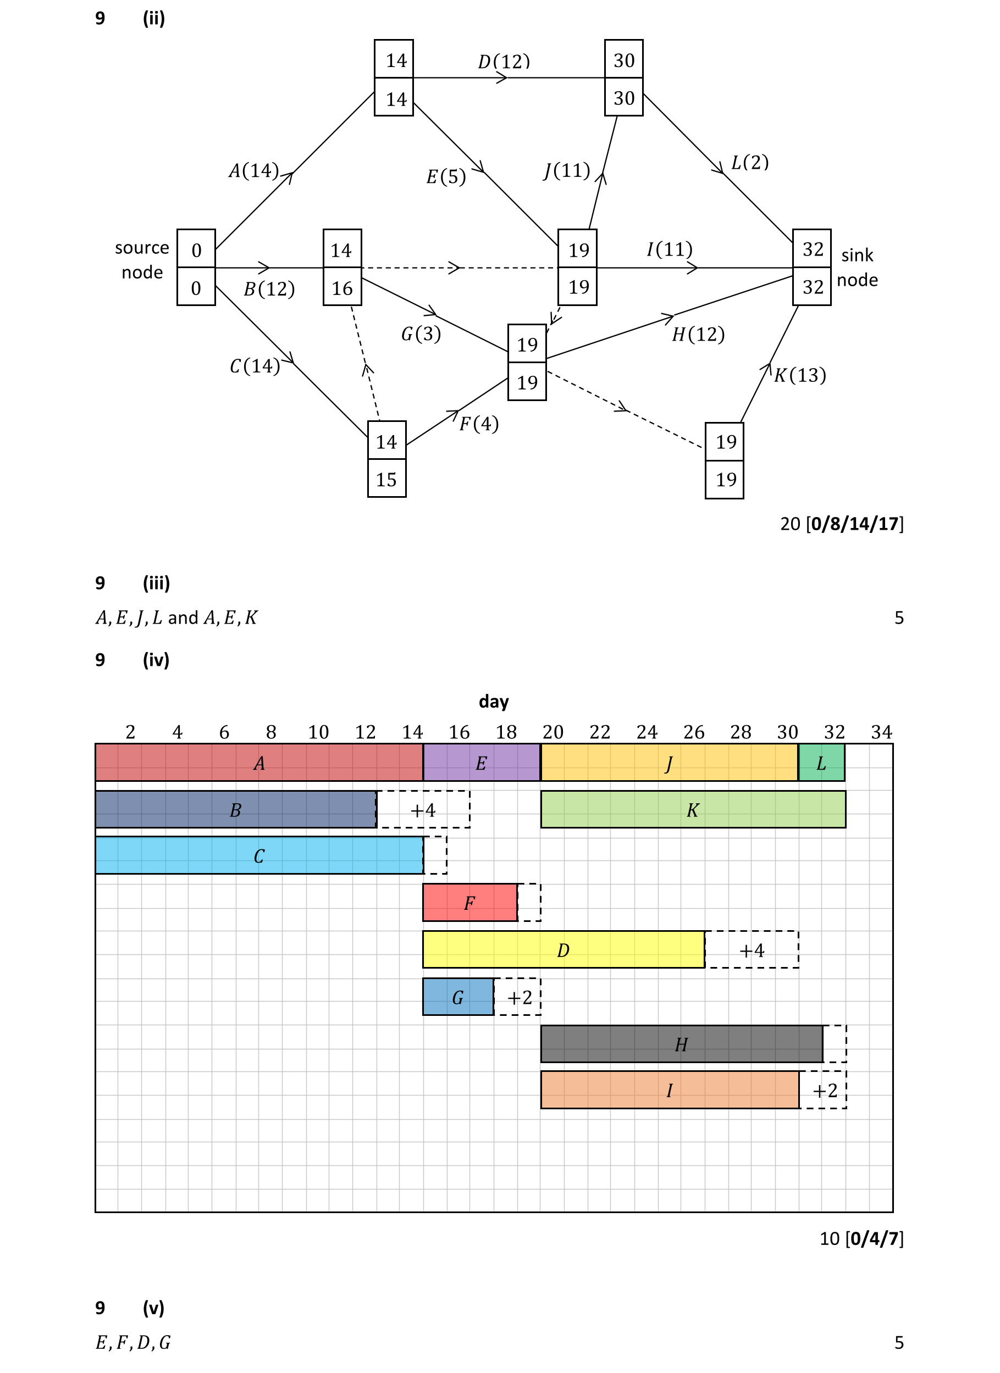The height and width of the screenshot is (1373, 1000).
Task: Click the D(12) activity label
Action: click(x=504, y=61)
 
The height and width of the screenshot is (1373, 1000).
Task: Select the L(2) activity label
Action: click(x=749, y=162)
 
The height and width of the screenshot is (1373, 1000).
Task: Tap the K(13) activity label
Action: click(x=799, y=375)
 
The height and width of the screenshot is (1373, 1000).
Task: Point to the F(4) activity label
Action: click(x=478, y=424)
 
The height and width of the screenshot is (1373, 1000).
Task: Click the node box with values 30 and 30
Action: click(x=623, y=77)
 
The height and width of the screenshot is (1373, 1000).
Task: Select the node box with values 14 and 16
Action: click(x=342, y=267)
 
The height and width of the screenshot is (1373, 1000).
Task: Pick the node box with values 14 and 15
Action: click(x=386, y=459)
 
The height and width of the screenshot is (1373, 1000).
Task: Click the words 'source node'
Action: click(x=142, y=260)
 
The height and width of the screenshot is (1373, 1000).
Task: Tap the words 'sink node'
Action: click(x=857, y=267)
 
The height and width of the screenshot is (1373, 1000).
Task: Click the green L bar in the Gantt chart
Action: click(x=821, y=763)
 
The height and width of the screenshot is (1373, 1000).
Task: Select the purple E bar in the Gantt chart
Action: click(x=481, y=763)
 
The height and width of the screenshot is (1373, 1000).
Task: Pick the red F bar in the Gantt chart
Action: click(x=469, y=903)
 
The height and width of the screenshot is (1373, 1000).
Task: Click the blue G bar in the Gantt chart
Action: click(x=458, y=997)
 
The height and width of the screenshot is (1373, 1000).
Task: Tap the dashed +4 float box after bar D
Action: click(x=752, y=950)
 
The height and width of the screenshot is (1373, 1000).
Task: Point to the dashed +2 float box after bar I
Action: click(x=824, y=1090)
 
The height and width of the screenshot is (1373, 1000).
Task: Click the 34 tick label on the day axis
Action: click(x=881, y=732)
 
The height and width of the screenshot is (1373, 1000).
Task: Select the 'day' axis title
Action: click(x=494, y=701)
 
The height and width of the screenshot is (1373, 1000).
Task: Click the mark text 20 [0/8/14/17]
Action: click(x=841, y=524)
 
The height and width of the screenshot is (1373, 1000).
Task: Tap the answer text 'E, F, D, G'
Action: click(x=133, y=1342)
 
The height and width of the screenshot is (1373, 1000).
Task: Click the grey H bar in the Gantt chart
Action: click(x=681, y=1044)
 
